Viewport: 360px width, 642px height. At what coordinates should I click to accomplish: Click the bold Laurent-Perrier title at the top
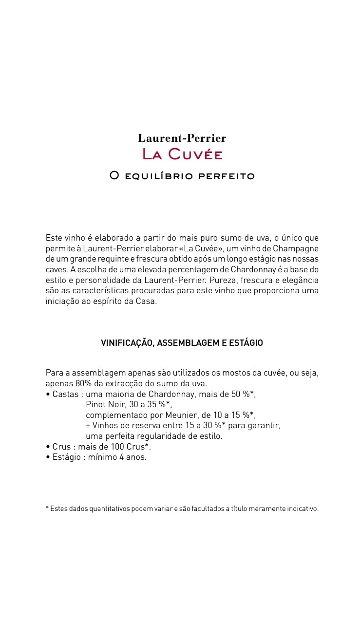coord(182,138)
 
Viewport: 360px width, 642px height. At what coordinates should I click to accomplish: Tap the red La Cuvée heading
coord(182,155)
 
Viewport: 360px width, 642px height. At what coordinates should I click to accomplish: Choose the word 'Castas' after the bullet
coord(65,394)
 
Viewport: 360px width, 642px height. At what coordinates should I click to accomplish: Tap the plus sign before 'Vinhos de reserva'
coord(88,426)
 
